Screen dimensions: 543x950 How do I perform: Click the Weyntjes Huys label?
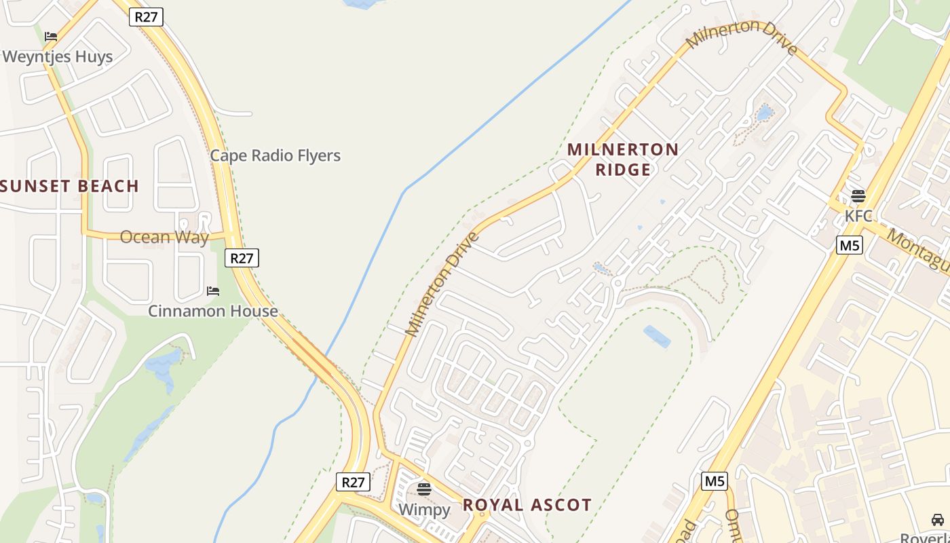(57, 56)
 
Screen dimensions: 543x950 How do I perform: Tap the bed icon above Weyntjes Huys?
(51, 37)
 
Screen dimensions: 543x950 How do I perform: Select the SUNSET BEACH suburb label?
(69, 186)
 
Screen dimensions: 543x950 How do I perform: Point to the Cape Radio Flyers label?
(275, 155)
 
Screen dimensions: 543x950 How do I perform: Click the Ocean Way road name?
(164, 237)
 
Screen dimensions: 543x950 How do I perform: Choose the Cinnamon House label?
(213, 311)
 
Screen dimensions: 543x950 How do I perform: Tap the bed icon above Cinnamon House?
(213, 291)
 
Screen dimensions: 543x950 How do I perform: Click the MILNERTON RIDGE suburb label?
(623, 160)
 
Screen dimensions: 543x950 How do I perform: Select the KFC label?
(858, 216)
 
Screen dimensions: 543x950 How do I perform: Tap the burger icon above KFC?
(858, 197)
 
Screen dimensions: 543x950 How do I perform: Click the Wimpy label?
(424, 509)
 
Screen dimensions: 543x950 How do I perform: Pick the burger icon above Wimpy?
(424, 489)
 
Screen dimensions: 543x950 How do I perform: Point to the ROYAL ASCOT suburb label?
(527, 505)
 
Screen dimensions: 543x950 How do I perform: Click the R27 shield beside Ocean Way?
(242, 258)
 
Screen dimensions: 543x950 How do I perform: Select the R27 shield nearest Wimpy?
(353, 483)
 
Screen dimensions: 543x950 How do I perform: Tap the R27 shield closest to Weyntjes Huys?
(146, 17)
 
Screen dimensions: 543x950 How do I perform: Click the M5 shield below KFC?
(849, 245)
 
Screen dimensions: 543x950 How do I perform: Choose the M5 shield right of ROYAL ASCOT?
(715, 481)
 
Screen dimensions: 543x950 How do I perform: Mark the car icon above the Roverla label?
(938, 520)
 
